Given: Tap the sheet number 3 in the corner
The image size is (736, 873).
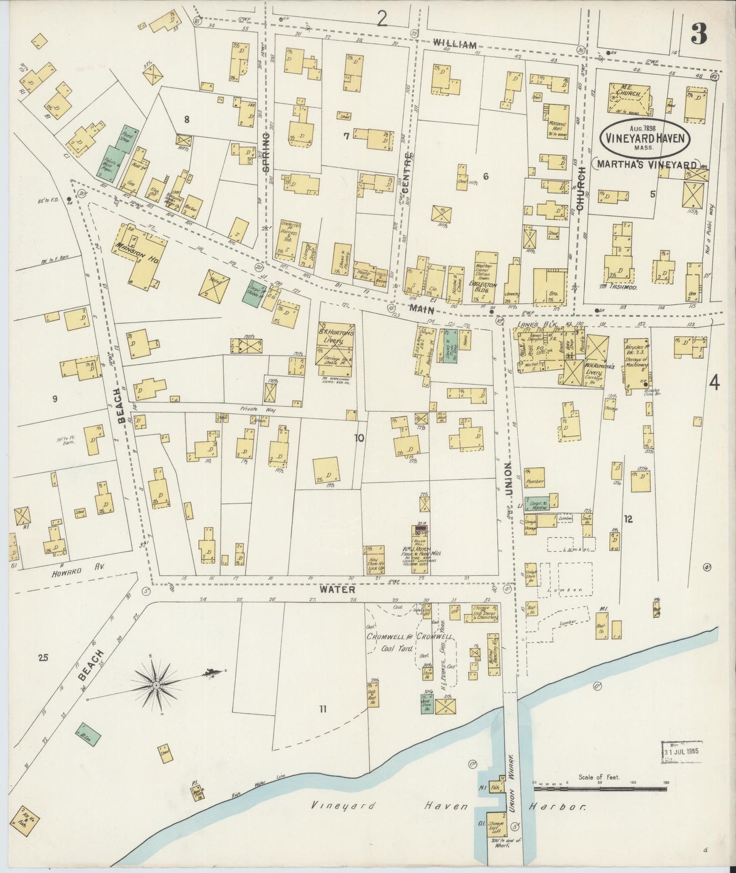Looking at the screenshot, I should (x=699, y=35).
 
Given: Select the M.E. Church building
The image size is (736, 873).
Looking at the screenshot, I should (x=629, y=98).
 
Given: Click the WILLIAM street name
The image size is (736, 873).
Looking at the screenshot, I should (x=455, y=44).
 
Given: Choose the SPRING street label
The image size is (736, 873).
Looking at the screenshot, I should (x=265, y=151).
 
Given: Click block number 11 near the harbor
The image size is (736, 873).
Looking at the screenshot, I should (x=322, y=708).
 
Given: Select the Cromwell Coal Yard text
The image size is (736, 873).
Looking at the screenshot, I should (x=410, y=643).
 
